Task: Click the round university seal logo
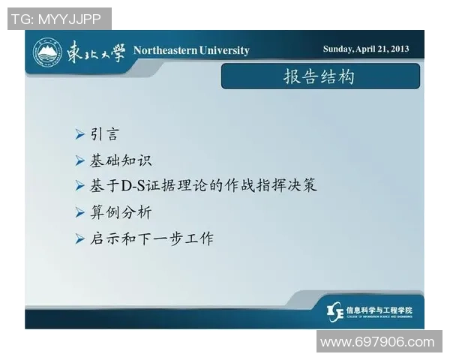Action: click(x=46, y=51)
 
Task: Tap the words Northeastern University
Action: click(x=191, y=50)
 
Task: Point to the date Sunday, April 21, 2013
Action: click(x=366, y=49)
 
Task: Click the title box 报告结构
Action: click(x=319, y=76)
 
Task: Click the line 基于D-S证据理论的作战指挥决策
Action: click(x=203, y=185)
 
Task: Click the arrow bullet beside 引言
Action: click(x=79, y=135)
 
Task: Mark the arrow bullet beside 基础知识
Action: click(x=79, y=160)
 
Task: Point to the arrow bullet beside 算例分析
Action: click(x=79, y=212)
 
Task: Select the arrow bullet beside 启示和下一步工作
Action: click(x=79, y=238)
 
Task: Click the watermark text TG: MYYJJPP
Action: click(x=59, y=19)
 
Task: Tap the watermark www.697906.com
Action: click(x=377, y=342)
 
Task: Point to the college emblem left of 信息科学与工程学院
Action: click(x=336, y=310)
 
